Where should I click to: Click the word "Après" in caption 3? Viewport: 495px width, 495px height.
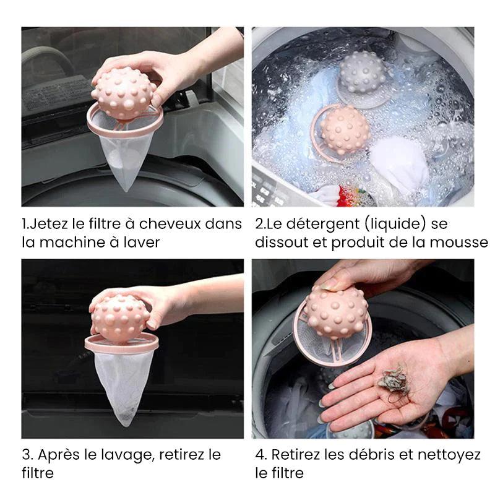coord(59,455)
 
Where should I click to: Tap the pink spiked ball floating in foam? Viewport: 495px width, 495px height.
coord(345,129)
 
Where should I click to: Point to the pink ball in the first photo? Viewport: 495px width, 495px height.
coord(124,93)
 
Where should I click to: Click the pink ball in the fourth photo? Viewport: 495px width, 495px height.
coord(337,312)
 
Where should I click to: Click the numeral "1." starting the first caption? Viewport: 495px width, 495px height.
coord(26,224)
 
